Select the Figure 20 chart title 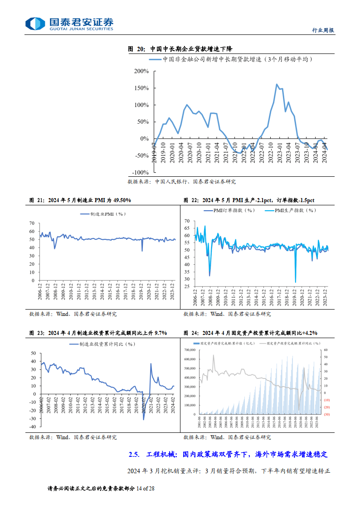(181, 49)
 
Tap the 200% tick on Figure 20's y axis (141, 71)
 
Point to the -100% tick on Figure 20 (140, 173)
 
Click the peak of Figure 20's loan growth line (277, 84)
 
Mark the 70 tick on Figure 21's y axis (32, 223)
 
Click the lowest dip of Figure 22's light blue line (296, 282)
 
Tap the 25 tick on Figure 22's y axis (186, 286)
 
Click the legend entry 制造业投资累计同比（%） (102, 344)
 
